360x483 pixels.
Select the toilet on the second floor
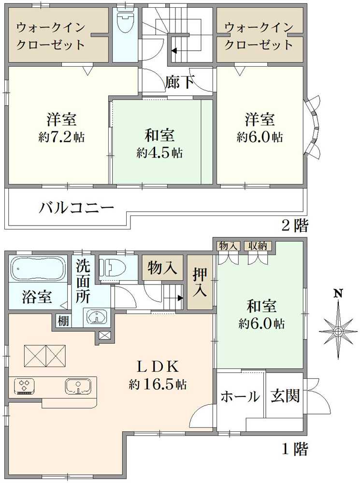pos(125,22)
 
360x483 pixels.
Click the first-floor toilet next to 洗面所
pos(115,267)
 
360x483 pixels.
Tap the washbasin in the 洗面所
pos(97,317)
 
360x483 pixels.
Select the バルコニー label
pos(76,209)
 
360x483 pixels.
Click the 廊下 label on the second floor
pos(179,82)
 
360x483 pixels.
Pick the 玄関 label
pos(285,396)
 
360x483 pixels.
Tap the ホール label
pos(240,396)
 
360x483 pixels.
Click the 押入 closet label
pos(200,283)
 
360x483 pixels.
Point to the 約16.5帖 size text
pos(158,384)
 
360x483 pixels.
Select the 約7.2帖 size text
pos(61,137)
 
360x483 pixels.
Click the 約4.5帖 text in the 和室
pos(159,153)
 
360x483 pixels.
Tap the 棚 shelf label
pos(63,321)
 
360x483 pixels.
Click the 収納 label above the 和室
pos(258,246)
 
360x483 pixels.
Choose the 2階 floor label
pos(295,226)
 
